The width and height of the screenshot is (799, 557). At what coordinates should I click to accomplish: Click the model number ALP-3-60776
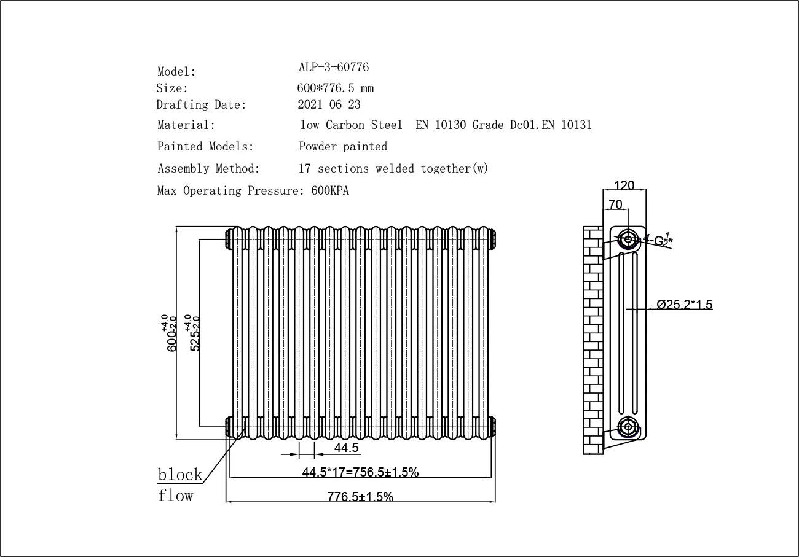(333, 67)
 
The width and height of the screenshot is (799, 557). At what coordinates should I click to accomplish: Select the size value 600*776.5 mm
(335, 88)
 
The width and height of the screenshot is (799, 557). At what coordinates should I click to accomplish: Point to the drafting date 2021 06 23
(329, 104)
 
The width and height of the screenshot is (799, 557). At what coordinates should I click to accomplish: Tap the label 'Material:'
(186, 125)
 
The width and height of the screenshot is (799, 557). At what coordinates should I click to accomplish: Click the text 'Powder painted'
(343, 147)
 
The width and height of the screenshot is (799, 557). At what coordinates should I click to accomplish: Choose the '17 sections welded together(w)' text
(393, 168)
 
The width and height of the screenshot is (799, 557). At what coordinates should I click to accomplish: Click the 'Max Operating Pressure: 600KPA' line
(253, 190)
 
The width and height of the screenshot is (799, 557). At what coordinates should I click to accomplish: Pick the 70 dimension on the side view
(615, 204)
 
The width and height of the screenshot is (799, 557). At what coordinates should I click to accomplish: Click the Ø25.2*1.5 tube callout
(684, 305)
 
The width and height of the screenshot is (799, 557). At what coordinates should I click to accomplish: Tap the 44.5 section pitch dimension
(346, 448)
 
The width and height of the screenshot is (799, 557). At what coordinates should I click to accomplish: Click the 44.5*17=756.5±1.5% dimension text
(360, 472)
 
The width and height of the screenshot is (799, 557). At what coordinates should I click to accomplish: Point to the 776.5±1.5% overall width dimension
(360, 497)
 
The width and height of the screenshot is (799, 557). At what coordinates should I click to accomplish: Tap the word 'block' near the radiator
(180, 474)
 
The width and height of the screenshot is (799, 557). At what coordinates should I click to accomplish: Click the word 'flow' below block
(175, 495)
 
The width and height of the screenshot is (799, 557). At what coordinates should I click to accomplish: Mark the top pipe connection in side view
(628, 239)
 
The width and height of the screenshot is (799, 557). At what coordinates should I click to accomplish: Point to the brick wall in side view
(592, 341)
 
